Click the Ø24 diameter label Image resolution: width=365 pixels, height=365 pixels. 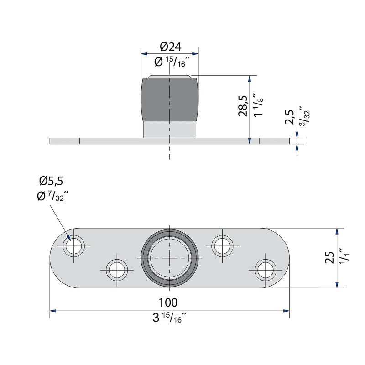click(x=170, y=47)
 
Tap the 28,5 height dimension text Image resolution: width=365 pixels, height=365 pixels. click(x=243, y=106)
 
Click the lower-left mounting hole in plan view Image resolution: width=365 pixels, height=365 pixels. click(x=117, y=270)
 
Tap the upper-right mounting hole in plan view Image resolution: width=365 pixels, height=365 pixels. click(x=222, y=246)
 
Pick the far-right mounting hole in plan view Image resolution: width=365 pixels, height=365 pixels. click(x=265, y=270)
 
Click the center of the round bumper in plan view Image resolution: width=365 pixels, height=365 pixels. click(x=169, y=258)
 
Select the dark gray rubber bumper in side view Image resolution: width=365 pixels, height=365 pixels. click(x=169, y=99)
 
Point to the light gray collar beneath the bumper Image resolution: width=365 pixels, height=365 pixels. click(x=169, y=129)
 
